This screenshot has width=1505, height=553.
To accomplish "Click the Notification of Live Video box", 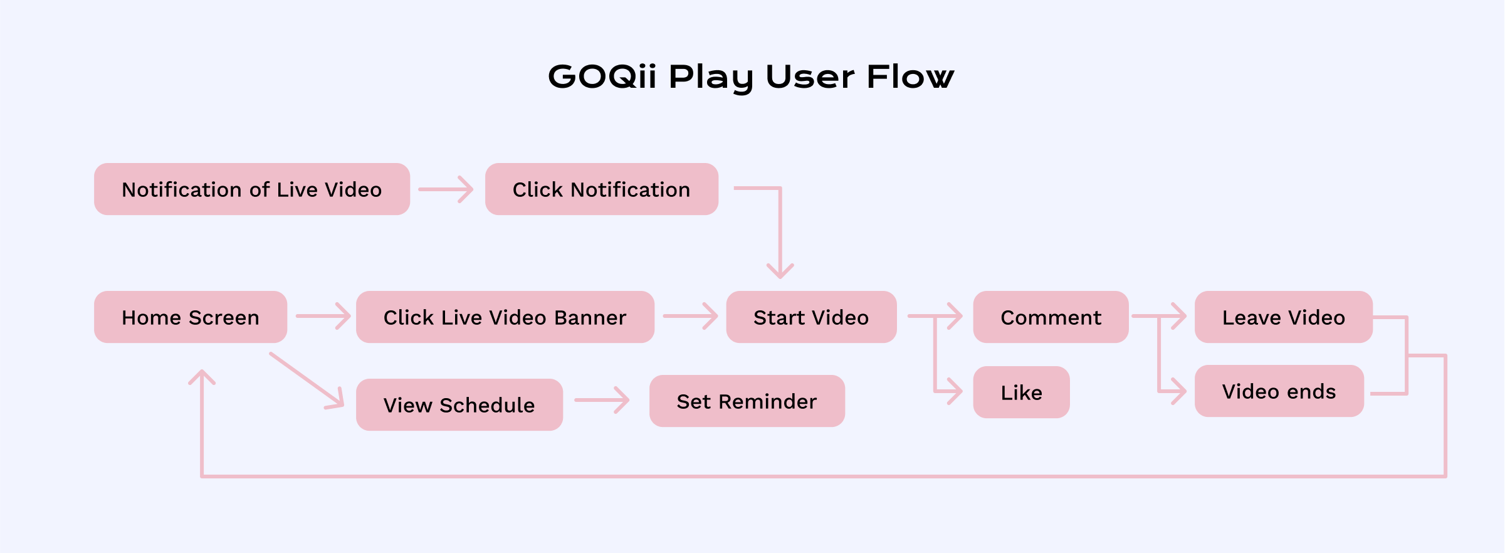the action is (x=252, y=189).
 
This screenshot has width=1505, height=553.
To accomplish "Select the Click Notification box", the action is (x=602, y=189).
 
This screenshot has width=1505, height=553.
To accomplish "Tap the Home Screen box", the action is (x=191, y=317).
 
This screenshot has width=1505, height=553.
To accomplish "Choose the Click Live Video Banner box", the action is (x=505, y=317).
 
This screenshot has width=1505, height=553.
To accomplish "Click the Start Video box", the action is (x=811, y=317).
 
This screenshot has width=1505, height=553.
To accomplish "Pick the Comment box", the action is (x=1051, y=317).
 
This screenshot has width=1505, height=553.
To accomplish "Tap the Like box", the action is (x=1022, y=392).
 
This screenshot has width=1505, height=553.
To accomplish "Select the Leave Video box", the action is (x=1284, y=317).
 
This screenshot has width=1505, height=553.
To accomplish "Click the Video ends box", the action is (x=1279, y=391).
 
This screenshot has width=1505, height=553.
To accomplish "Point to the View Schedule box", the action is (x=459, y=405).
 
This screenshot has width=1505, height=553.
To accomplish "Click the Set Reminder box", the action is (x=747, y=401).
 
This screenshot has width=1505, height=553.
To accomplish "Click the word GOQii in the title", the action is (x=602, y=76).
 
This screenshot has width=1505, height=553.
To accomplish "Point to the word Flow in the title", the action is (x=911, y=76).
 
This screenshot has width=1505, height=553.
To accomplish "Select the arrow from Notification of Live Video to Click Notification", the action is (x=446, y=189).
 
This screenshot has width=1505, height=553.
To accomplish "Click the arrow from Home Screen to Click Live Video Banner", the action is (x=323, y=316).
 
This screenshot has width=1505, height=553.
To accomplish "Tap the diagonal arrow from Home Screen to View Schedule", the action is (x=307, y=380).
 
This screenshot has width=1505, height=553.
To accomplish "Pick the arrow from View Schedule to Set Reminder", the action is (x=602, y=400).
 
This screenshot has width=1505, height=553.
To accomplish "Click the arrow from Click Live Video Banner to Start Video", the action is (x=690, y=316).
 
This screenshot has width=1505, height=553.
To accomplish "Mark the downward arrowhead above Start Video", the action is (x=780, y=271).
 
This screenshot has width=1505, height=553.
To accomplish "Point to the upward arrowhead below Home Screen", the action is (x=202, y=377).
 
